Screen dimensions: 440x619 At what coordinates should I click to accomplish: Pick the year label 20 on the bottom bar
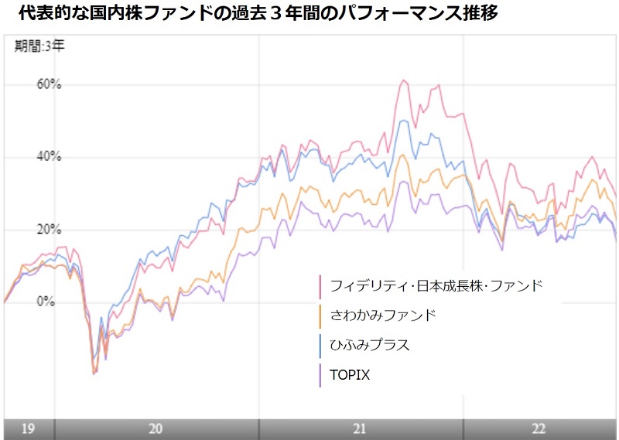[x=156, y=429]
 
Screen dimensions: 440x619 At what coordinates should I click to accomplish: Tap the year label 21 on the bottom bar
[x=360, y=429]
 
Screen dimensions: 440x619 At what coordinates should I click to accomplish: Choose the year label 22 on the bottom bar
[x=539, y=429]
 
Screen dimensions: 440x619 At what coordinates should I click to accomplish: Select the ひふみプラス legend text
[x=370, y=345]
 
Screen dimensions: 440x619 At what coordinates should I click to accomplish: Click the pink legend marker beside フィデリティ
[x=320, y=285]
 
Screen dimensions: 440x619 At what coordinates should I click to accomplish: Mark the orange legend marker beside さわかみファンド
[x=320, y=316]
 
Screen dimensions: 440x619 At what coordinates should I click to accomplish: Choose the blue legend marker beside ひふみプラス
[x=320, y=345]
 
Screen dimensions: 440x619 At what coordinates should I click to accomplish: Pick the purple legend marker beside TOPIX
[x=320, y=374]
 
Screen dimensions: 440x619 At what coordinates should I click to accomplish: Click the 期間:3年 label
[x=40, y=46]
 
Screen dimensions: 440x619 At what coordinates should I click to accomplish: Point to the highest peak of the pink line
[x=403, y=80]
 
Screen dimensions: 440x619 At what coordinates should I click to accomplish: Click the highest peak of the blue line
[x=403, y=120]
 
